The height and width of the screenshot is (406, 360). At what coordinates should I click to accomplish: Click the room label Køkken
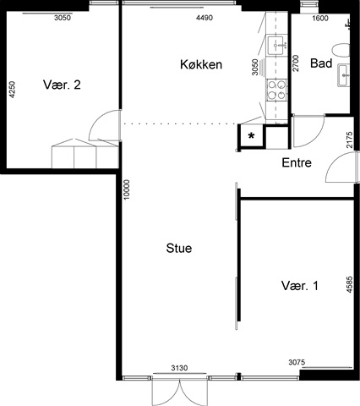[201, 64]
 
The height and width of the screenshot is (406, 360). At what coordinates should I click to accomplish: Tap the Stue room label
[179, 249]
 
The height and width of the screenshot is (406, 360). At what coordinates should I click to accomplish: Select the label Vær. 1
[300, 286]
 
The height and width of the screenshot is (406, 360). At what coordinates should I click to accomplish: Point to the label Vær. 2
[62, 85]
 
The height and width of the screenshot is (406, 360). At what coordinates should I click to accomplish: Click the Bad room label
[321, 63]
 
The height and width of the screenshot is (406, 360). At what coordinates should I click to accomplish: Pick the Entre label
[297, 162]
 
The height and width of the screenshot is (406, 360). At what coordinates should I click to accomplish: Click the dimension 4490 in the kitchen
[205, 18]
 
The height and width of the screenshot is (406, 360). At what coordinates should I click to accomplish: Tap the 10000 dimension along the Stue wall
[127, 189]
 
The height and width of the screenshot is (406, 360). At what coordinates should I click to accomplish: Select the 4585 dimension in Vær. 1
[349, 284]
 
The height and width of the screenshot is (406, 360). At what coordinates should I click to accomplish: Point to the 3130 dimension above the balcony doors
[179, 368]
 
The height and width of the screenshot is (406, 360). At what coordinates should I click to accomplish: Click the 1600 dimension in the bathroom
[320, 18]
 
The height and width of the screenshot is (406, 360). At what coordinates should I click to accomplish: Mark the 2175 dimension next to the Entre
[349, 140]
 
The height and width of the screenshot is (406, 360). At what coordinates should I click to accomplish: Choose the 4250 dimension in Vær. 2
[13, 90]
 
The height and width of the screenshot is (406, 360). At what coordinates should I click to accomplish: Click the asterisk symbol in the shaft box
[251, 136]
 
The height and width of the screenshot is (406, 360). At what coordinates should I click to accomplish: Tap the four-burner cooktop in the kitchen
[276, 90]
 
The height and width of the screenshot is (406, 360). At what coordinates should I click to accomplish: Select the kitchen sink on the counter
[277, 45]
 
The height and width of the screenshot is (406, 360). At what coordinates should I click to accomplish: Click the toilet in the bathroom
[341, 51]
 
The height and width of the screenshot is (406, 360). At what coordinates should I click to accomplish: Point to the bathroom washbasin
[344, 75]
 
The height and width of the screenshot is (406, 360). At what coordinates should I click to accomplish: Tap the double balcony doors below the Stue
[179, 392]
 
